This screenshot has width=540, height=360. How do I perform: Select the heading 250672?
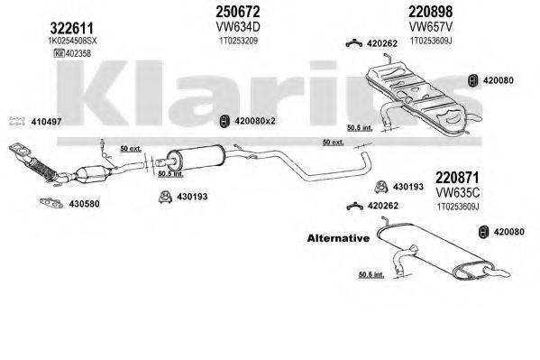237,12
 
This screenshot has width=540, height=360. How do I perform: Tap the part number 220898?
405,12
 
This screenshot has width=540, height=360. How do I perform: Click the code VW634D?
236,28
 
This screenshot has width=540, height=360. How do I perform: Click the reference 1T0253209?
237,42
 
